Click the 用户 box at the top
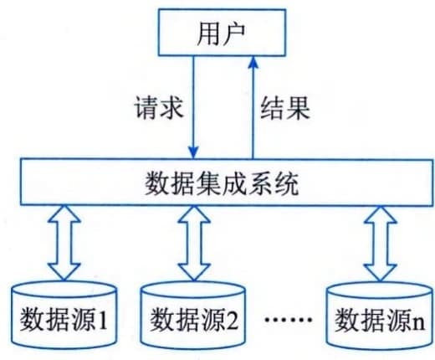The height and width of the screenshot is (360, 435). point(222,33)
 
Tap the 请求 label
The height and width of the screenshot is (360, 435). point(159,107)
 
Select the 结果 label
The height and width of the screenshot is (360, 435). point(285,108)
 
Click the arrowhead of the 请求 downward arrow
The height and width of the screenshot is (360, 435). point(193,152)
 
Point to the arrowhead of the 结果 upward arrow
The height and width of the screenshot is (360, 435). point(253,63)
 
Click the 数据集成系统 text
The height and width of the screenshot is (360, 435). point(222,183)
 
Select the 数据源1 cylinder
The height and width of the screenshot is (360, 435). point(64,315)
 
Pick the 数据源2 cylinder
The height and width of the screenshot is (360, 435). point(193,316)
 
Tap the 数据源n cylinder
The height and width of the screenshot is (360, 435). point(380,316)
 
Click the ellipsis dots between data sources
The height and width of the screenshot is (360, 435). point(288,319)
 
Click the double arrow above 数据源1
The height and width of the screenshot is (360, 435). point(64,243)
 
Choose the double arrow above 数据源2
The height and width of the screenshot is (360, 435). point(194,243)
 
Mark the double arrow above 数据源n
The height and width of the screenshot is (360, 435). point(381,244)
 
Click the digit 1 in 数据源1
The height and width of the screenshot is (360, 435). point(102,320)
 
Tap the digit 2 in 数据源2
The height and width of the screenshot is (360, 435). point(231,320)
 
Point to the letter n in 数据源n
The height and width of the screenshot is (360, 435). point(418,324)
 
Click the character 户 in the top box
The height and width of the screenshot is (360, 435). point(233,33)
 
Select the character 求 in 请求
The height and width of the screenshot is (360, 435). point(171,107)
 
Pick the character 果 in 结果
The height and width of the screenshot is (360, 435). point(298,108)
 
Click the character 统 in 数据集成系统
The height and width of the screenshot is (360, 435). point(286,183)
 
